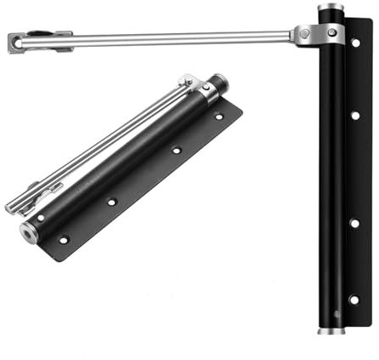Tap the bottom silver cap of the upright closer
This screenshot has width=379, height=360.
331,328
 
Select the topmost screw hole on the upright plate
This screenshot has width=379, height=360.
355,42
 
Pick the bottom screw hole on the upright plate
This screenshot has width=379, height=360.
354,299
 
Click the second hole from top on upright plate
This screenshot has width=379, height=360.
355,115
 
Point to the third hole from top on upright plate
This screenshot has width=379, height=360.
354,223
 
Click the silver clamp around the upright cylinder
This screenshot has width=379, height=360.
326,33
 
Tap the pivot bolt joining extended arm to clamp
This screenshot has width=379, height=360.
304,34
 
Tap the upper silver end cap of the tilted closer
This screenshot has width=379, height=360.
220,84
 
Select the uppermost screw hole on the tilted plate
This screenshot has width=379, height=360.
219,116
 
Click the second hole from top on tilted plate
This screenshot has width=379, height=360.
176,150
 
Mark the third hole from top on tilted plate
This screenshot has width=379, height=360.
112,202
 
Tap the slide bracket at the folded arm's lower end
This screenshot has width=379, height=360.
26,197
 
